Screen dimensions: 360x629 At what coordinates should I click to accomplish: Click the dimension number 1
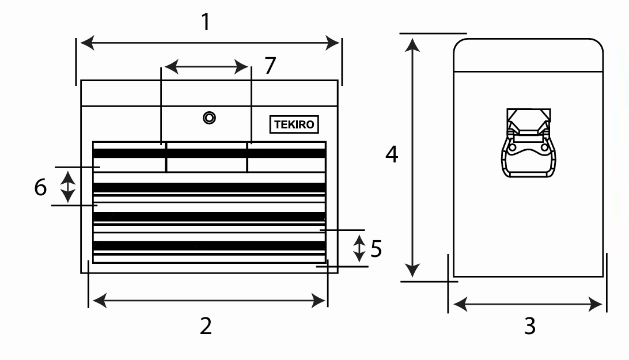click(205, 22)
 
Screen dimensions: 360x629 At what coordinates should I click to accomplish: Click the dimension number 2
click(206, 326)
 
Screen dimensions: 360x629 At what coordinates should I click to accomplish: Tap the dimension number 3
click(529, 326)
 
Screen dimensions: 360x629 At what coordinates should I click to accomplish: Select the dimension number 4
click(392, 154)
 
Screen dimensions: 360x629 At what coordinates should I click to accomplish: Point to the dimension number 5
click(376, 249)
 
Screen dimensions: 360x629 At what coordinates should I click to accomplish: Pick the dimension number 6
click(40, 187)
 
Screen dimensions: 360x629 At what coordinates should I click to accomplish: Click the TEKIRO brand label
click(294, 124)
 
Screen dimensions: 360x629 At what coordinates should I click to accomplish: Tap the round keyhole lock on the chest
click(209, 118)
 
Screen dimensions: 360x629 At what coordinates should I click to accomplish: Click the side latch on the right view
click(529, 144)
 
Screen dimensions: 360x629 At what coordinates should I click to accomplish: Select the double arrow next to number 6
click(68, 185)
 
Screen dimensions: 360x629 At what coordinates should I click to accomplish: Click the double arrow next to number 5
click(359, 248)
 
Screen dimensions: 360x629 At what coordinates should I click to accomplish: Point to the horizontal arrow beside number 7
click(206, 67)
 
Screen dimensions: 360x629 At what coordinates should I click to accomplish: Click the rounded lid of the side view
click(528, 55)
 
